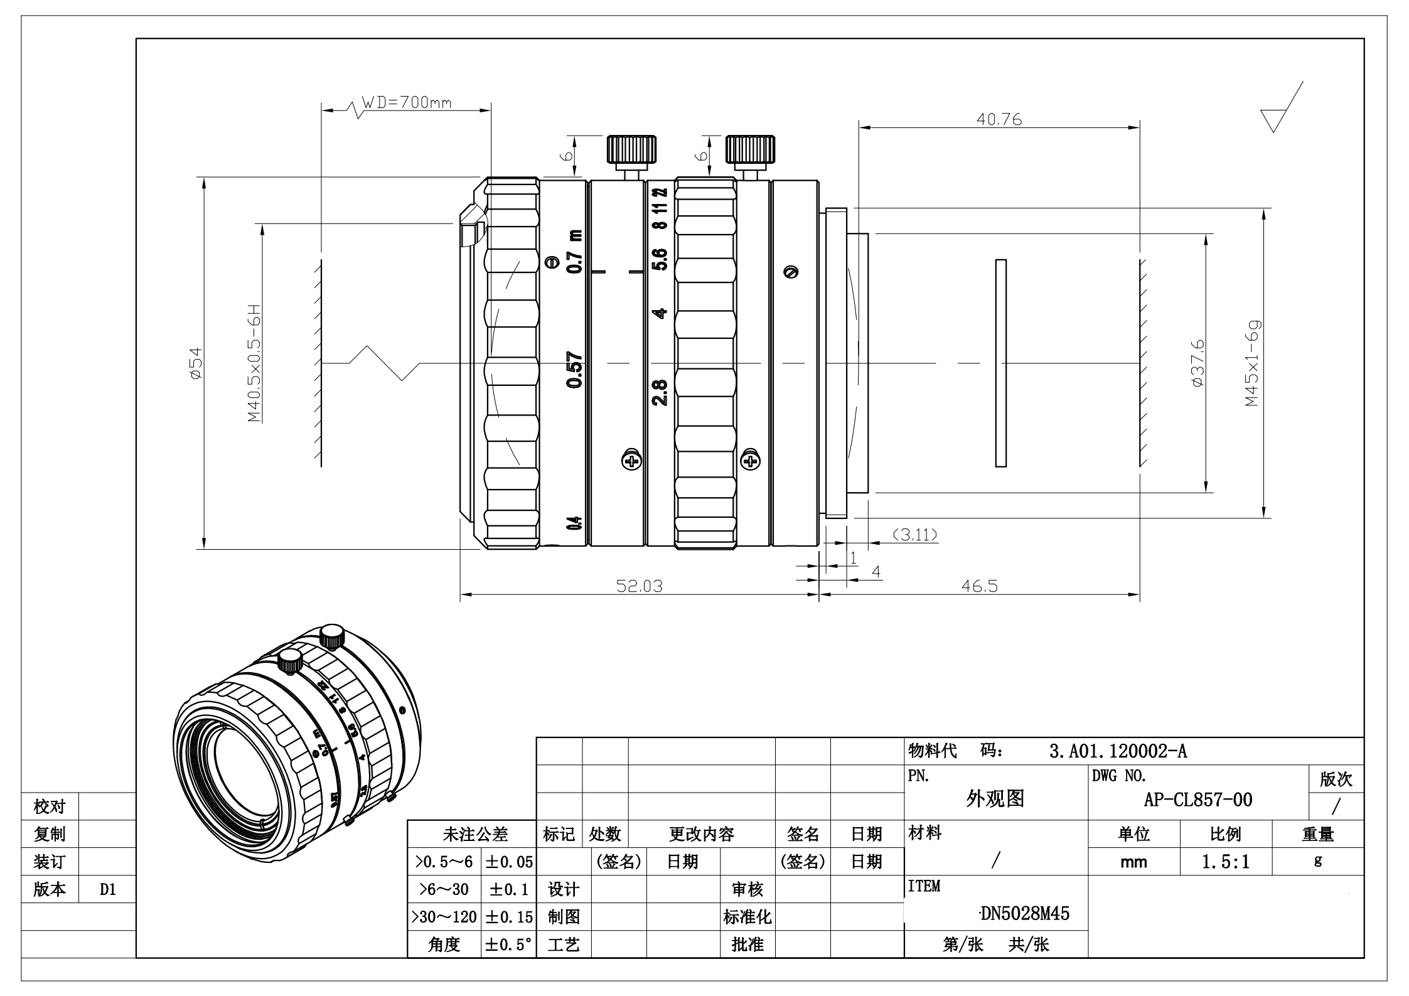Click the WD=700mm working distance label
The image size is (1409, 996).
407,102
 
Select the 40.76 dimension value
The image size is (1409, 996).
999,119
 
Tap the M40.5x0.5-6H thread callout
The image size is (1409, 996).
254,363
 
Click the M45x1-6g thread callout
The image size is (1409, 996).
1253,363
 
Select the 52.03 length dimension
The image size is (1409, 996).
639,586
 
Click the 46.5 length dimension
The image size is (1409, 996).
979,586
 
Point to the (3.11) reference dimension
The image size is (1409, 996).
915,535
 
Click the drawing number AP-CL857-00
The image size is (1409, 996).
1197,800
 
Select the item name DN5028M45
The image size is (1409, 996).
1025,913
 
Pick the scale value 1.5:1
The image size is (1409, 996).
1225,862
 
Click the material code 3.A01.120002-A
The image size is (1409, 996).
1118,751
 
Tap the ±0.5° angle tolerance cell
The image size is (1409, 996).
508,945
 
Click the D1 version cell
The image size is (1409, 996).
108,889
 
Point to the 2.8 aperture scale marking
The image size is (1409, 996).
660,392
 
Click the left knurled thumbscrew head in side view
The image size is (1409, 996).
631,149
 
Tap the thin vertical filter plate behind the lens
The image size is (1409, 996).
1000,363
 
